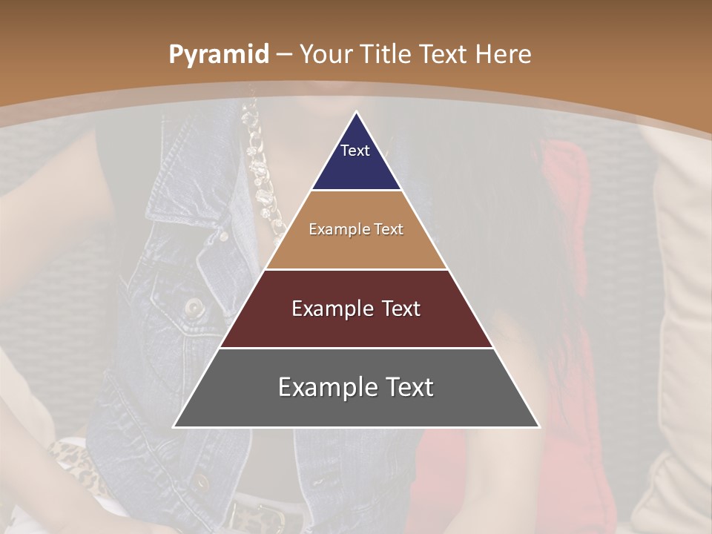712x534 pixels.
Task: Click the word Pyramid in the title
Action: (218, 55)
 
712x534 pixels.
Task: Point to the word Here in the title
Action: (503, 55)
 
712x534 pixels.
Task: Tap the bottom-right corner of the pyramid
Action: (538, 426)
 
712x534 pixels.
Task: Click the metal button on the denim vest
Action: (194, 306)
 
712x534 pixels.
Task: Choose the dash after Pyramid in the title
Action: (284, 55)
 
